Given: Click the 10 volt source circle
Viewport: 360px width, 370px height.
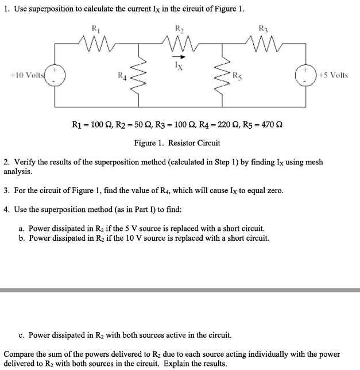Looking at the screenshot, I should click(x=56, y=75).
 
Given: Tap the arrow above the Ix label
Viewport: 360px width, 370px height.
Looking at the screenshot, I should click(x=179, y=57).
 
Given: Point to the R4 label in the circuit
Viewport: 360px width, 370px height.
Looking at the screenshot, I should click(x=121, y=74).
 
